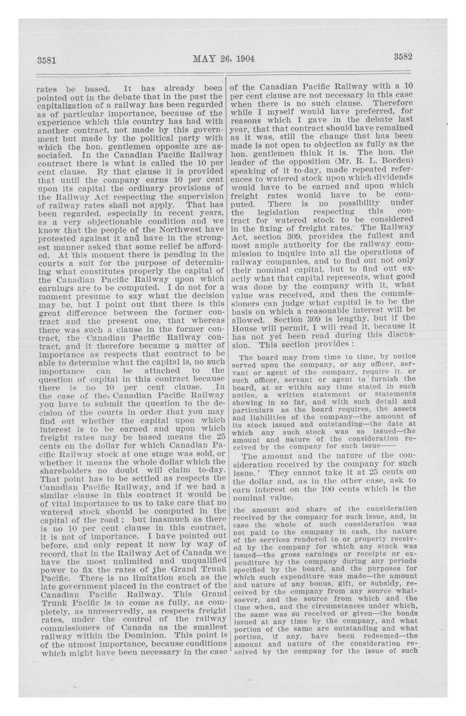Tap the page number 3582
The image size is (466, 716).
coord(403,57)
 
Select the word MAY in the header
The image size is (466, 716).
coord(205,58)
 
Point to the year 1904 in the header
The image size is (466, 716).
coord(245,59)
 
